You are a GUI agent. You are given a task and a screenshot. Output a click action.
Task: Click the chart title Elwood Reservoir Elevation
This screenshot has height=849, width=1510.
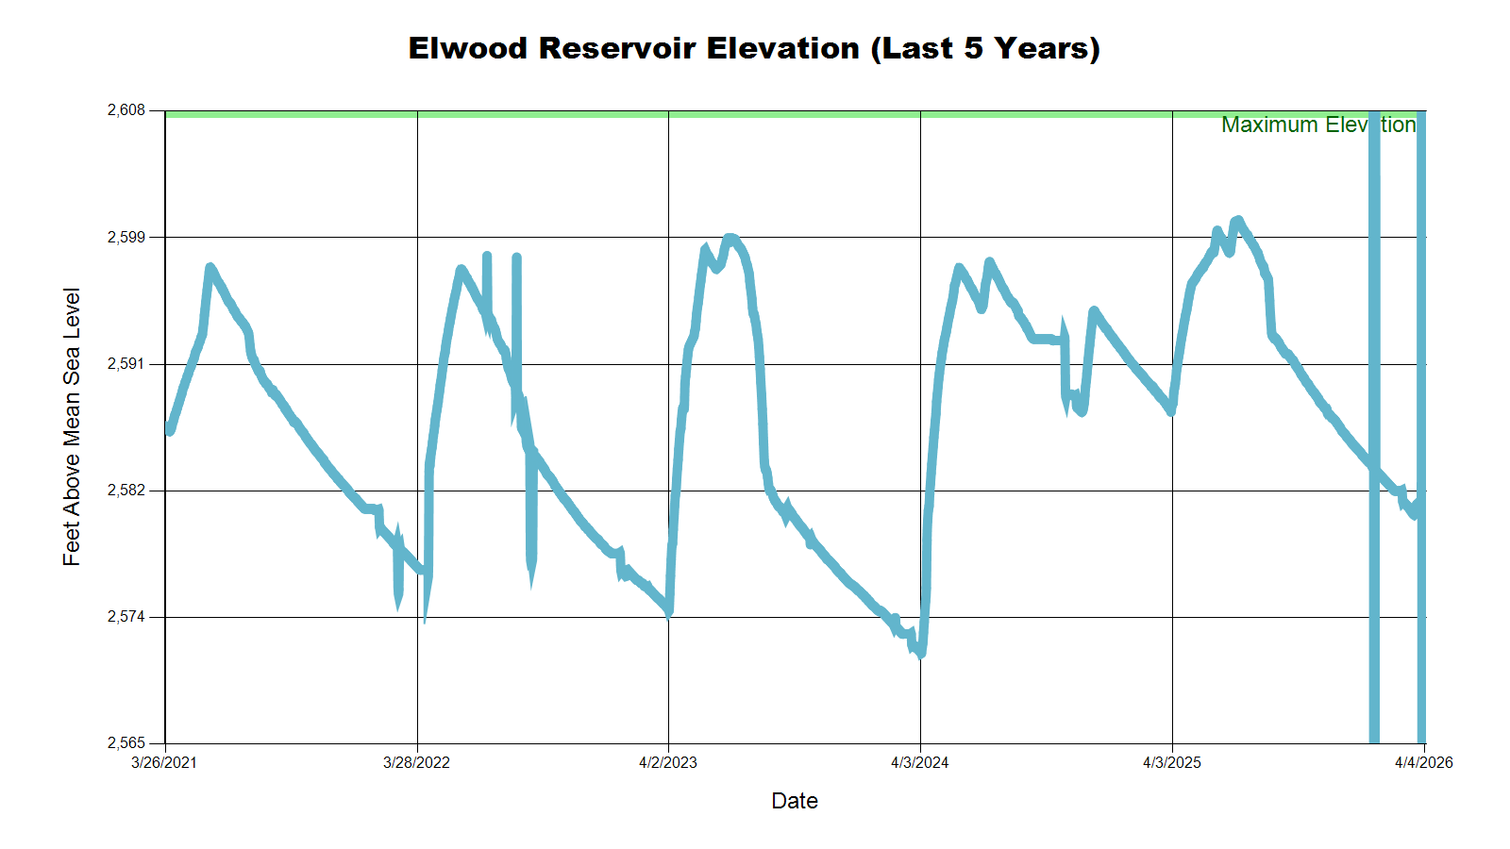pyautogui.click(x=754, y=48)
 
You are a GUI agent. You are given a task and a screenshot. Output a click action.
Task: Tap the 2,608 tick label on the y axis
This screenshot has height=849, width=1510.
pyautogui.click(x=126, y=110)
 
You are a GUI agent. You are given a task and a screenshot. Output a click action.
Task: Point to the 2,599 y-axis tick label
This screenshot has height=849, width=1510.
pyautogui.click(x=126, y=237)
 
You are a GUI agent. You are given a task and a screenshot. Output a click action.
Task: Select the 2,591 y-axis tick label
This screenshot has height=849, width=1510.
pyautogui.click(x=126, y=364)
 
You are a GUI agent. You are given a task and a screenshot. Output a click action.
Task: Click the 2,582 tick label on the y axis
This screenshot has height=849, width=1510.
pyautogui.click(x=126, y=491)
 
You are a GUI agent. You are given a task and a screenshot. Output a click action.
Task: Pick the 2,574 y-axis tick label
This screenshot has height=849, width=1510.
pyautogui.click(x=126, y=617)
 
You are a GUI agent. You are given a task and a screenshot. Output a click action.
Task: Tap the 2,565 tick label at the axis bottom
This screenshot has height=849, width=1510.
pyautogui.click(x=126, y=743)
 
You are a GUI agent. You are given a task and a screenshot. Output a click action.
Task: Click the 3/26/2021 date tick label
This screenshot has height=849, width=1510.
pyautogui.click(x=164, y=762)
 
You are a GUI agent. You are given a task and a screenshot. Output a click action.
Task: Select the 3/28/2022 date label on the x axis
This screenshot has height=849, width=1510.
pyautogui.click(x=416, y=762)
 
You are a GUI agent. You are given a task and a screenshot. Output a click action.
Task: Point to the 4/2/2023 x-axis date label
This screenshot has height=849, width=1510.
pyautogui.click(x=668, y=762)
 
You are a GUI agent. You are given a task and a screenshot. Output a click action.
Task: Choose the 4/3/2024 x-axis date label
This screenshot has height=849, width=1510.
pyautogui.click(x=920, y=762)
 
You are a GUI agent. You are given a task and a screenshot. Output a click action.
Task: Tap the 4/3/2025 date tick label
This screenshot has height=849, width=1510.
pyautogui.click(x=1172, y=762)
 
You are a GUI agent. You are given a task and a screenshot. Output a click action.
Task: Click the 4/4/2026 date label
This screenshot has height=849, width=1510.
pyautogui.click(x=1424, y=762)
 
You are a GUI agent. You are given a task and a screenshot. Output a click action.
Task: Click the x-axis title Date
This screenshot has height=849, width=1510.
pyautogui.click(x=795, y=801)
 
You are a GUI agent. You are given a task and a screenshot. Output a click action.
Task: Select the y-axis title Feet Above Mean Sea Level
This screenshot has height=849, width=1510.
pyautogui.click(x=72, y=426)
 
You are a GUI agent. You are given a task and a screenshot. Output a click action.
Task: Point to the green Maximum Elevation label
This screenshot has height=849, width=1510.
pyautogui.click(x=1317, y=125)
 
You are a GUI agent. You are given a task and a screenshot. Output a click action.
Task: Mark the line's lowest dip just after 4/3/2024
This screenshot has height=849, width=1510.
pyautogui.click(x=921, y=653)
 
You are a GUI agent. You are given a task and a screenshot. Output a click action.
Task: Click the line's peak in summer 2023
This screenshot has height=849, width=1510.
pyautogui.click(x=729, y=238)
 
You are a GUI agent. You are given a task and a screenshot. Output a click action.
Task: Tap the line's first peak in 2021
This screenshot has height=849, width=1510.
pyautogui.click(x=210, y=268)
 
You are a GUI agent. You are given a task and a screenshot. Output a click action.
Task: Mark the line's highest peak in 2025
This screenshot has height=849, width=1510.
pyautogui.click(x=1237, y=220)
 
